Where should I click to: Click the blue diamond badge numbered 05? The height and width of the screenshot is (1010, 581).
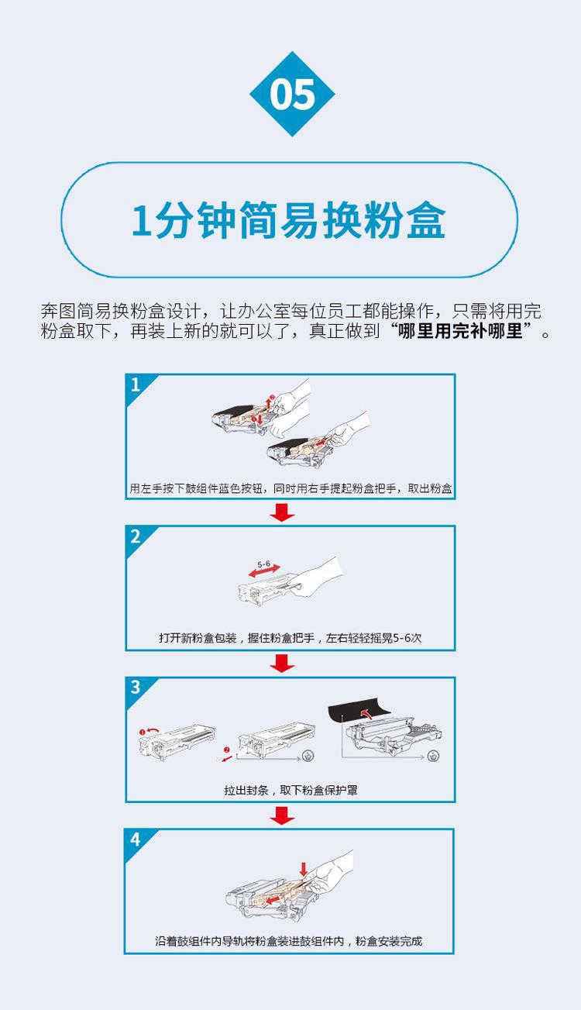click(292, 94)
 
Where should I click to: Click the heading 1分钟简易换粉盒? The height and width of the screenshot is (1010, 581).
click(289, 220)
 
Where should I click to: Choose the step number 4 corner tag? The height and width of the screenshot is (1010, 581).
click(136, 840)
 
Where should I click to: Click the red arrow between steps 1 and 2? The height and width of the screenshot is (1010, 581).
click(282, 512)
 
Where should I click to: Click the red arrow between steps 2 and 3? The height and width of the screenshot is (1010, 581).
click(282, 664)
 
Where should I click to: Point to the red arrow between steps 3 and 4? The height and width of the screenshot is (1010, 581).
click(282, 815)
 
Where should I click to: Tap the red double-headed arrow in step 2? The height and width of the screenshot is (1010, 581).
click(265, 571)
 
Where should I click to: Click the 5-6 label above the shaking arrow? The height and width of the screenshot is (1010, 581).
click(263, 564)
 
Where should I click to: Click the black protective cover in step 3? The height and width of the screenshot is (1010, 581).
click(359, 710)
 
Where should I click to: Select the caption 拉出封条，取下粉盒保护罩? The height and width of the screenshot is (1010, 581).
click(290, 790)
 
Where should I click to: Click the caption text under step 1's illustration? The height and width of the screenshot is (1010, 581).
click(290, 488)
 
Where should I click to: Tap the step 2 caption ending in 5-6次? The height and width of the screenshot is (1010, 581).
click(290, 638)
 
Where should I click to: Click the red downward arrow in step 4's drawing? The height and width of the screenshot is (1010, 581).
click(304, 870)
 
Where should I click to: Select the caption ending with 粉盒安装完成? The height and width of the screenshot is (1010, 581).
click(289, 941)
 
